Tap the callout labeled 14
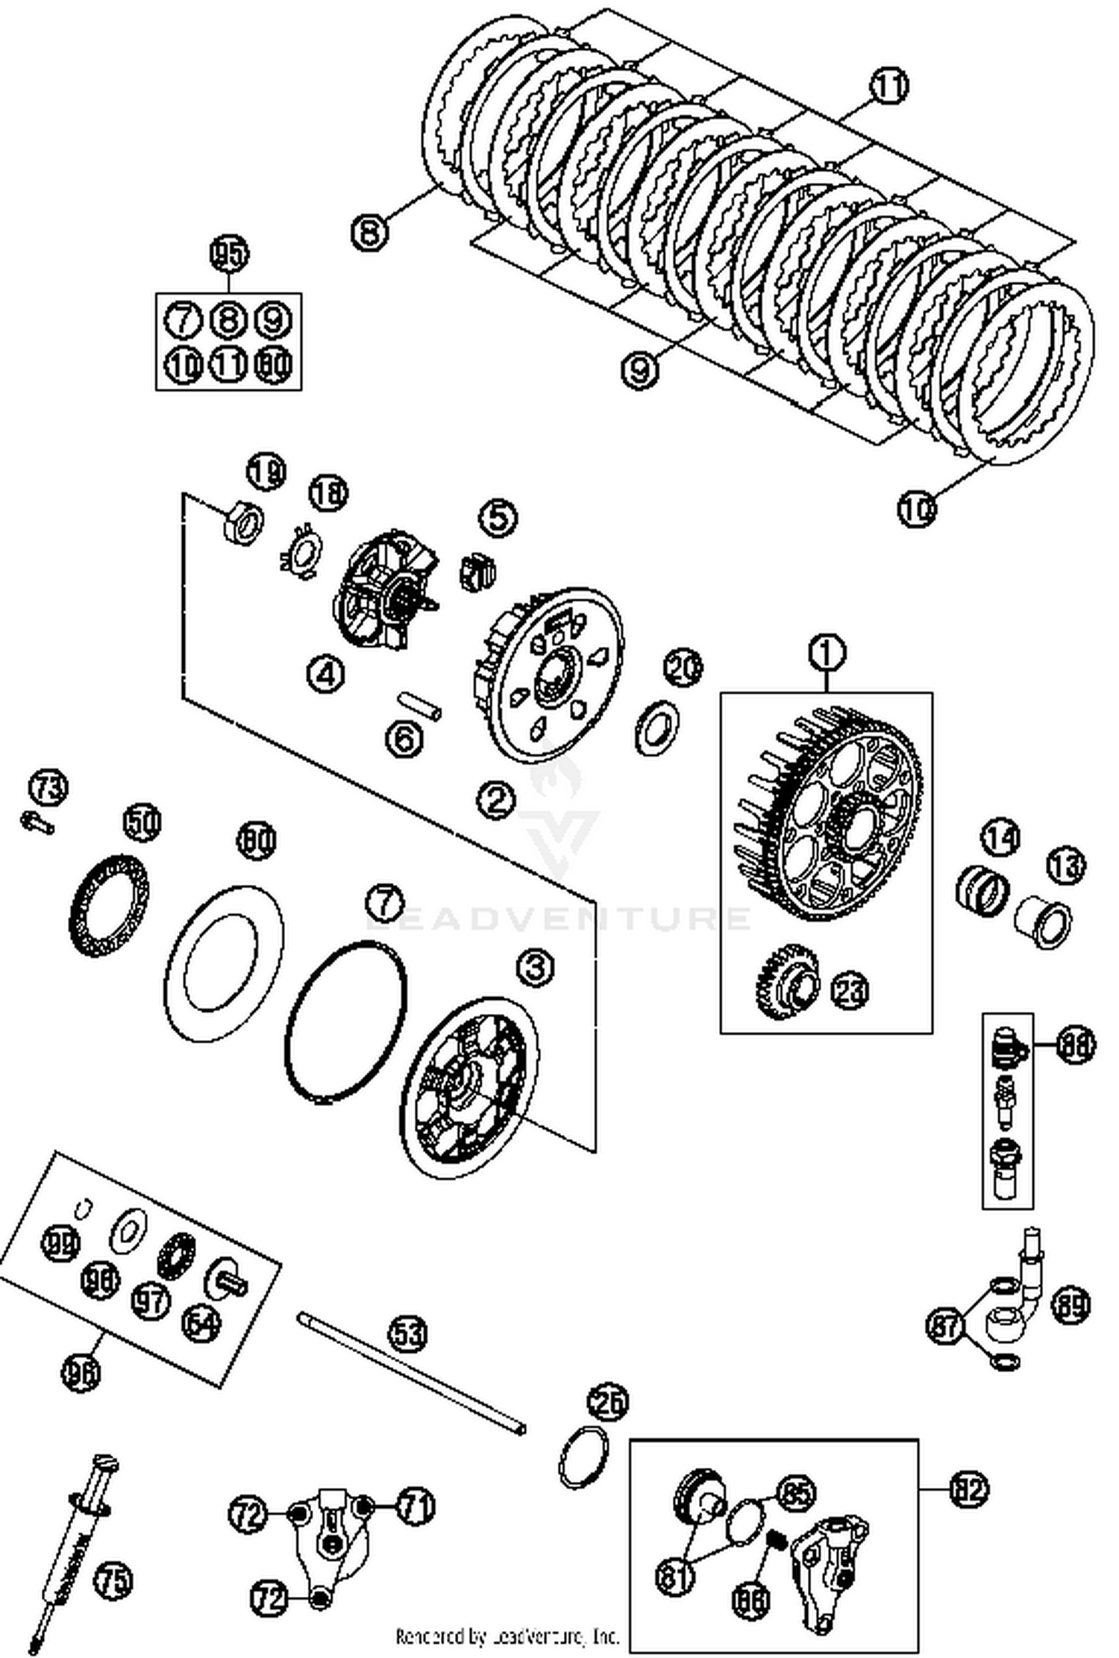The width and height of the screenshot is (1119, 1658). click(1000, 838)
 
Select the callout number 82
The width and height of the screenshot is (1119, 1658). click(969, 1489)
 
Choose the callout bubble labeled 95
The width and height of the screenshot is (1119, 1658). click(229, 254)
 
